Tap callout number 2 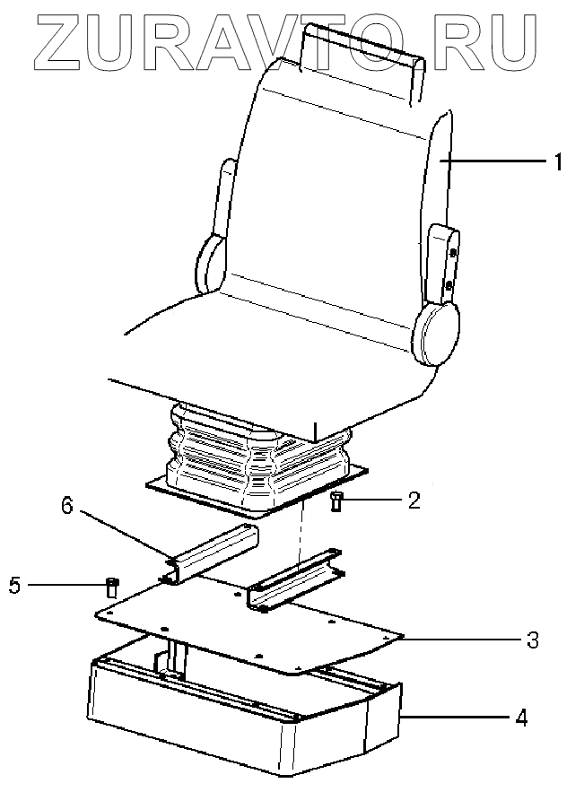point(414,500)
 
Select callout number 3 point(532,640)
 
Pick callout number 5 point(13,587)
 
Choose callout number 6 point(67,507)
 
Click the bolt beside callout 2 point(337,501)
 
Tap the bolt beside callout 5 point(112,587)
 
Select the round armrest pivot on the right point(436,332)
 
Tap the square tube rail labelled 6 point(214,553)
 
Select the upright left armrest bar point(223,197)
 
